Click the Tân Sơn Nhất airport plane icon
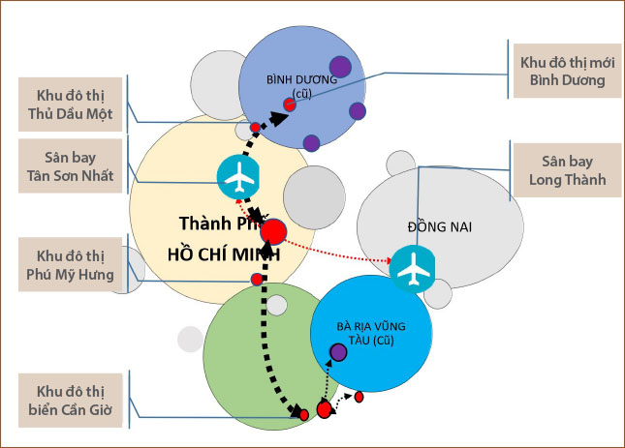(x=239, y=175)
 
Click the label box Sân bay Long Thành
(x=567, y=170)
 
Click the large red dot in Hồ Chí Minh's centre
(x=273, y=232)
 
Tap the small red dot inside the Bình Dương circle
(x=289, y=105)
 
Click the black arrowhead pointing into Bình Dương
(x=280, y=117)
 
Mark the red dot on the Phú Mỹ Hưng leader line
(x=257, y=280)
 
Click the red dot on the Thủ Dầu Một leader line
(x=255, y=128)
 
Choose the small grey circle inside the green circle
(x=277, y=305)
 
